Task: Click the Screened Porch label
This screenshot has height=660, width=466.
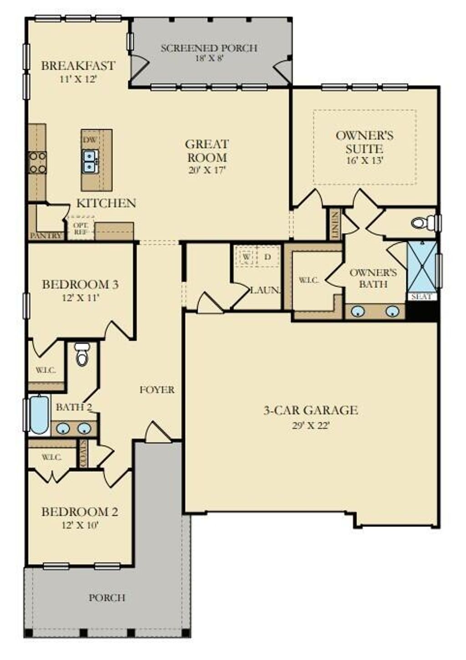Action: pos(208,48)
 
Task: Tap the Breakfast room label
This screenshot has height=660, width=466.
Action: pos(78,65)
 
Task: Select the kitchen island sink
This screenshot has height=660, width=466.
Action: pos(91,161)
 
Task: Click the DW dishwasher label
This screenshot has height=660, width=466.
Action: pos(89,140)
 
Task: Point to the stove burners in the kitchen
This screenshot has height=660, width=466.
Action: pos(37,162)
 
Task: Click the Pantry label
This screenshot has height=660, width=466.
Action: pos(46,235)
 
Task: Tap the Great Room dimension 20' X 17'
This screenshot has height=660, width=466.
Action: pos(206,170)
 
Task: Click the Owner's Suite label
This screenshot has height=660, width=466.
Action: pos(364,142)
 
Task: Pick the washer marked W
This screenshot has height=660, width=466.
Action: pos(246,257)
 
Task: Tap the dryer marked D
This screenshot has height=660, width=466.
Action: pos(268,257)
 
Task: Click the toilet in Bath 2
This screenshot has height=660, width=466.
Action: pos(82,355)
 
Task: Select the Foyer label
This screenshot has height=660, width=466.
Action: pos(157,390)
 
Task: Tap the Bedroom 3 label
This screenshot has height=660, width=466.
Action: pos(81,285)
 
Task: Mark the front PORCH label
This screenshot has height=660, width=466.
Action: pos(107,597)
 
